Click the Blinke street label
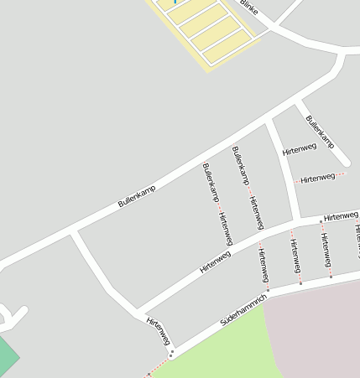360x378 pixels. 249,8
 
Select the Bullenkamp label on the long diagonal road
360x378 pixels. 137,196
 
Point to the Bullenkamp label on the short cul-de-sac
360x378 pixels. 320,132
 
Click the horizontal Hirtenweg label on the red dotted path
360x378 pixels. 317,178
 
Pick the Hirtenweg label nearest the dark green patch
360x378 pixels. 159,330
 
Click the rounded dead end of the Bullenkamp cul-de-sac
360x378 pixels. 344,161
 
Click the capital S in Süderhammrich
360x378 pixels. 223,322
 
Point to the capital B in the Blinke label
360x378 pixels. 243,3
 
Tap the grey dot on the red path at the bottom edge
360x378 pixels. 149,374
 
